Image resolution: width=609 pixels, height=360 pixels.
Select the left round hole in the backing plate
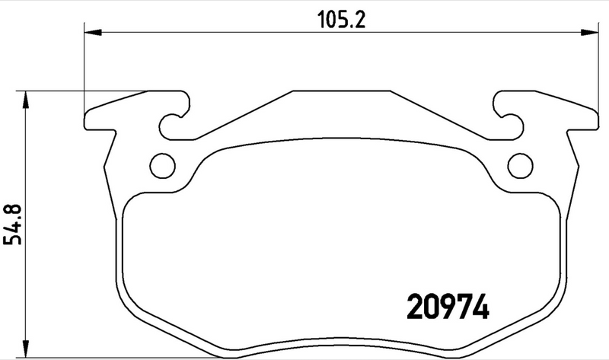(161, 164)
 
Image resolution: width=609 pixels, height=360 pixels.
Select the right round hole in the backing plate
(520, 164)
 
